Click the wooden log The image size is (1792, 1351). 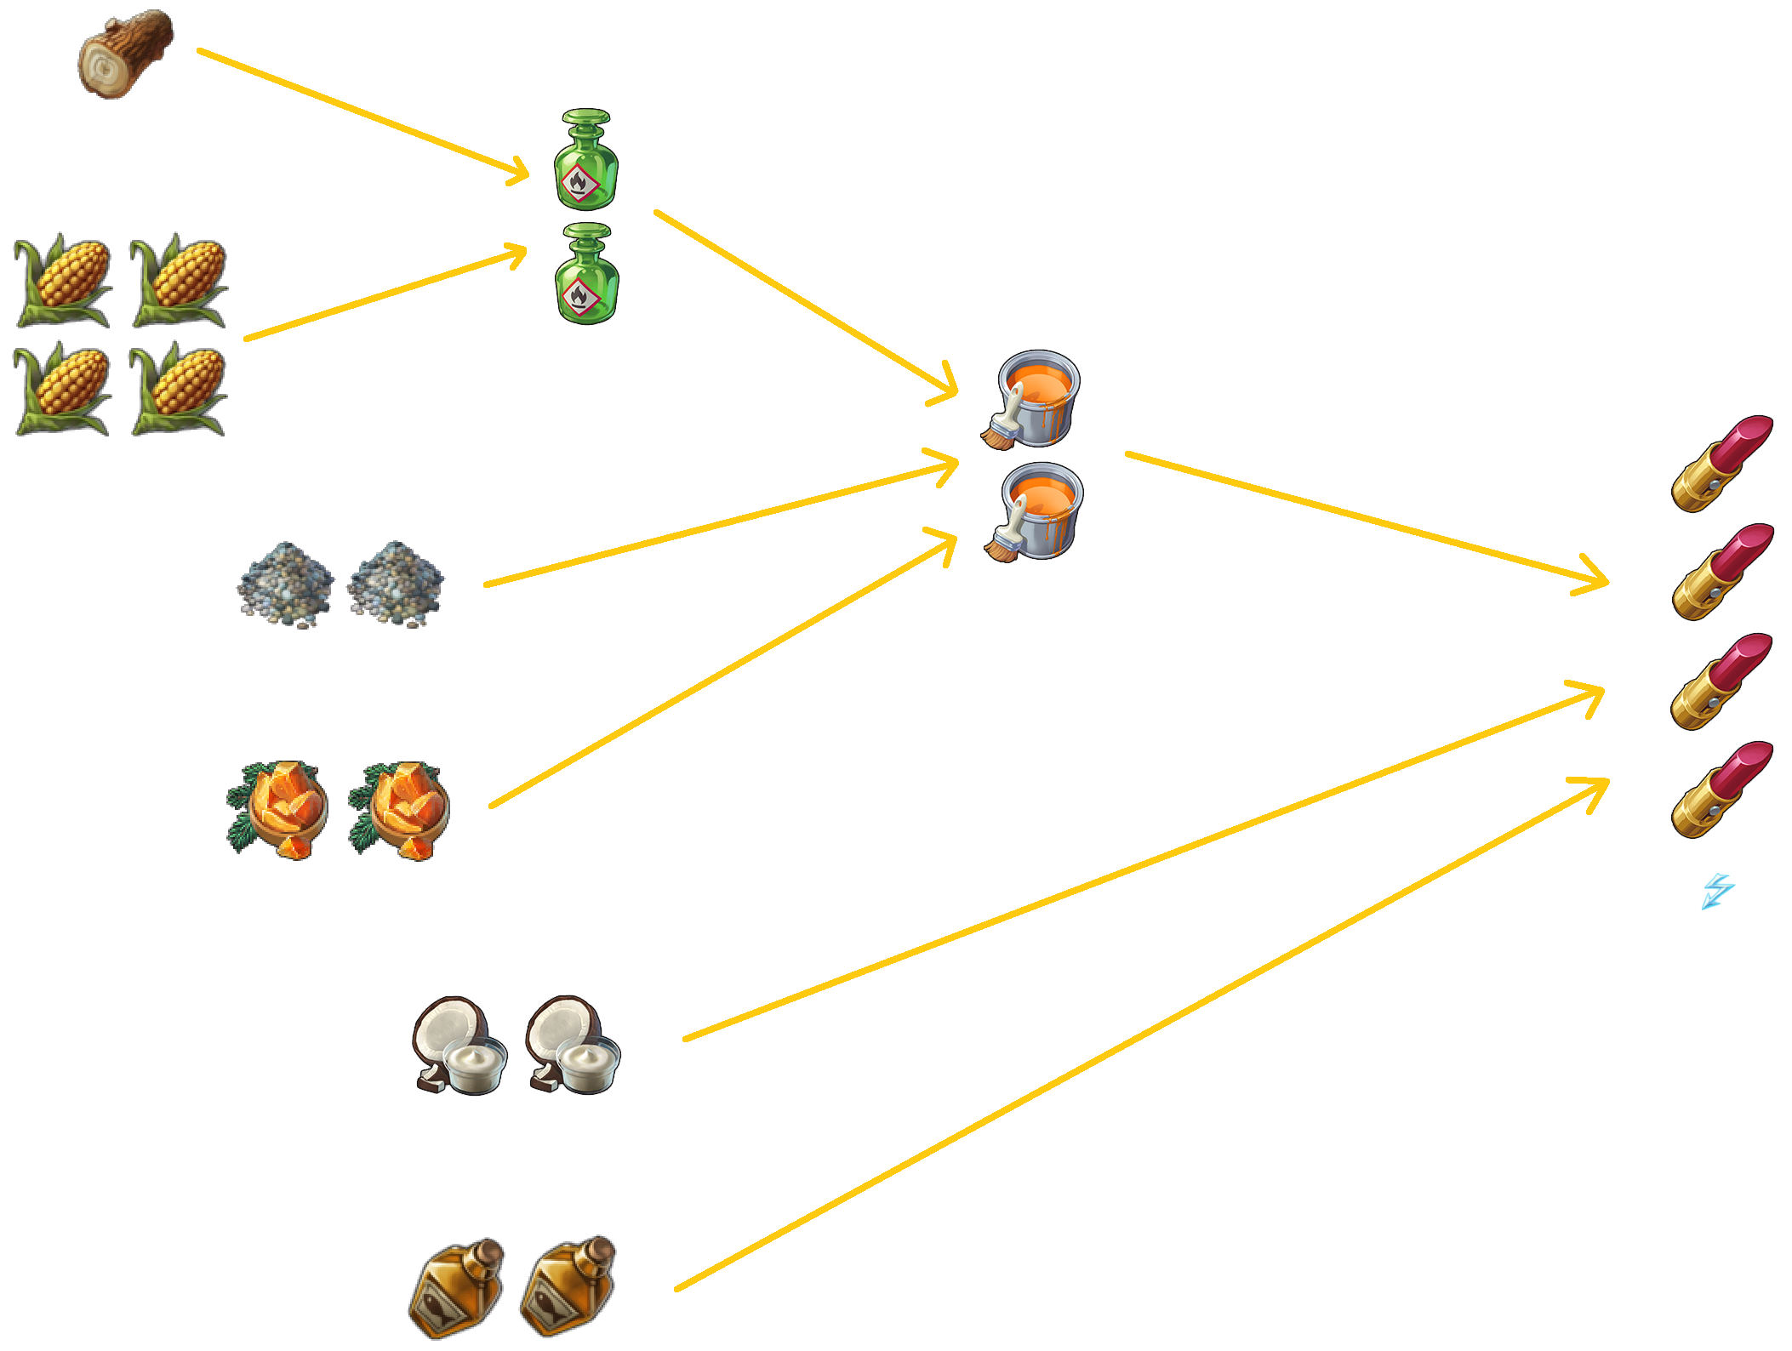126,54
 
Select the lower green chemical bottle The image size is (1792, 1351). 585,274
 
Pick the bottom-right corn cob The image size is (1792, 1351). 179,388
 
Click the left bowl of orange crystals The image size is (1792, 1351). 278,809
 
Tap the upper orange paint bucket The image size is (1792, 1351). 1032,398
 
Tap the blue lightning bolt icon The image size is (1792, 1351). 1717,892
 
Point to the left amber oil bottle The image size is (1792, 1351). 457,1286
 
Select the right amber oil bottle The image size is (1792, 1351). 568,1285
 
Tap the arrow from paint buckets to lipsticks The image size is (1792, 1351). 1361,518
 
